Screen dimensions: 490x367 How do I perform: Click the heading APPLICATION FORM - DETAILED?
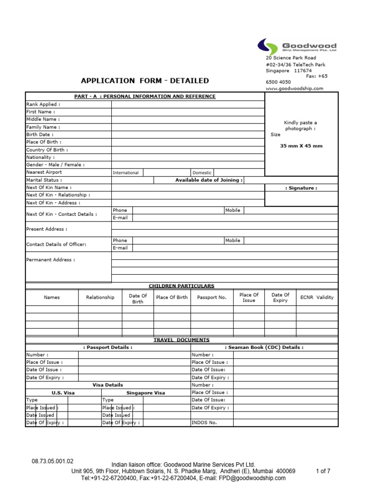click(x=145, y=81)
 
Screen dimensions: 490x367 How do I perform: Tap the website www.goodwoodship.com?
click(x=294, y=89)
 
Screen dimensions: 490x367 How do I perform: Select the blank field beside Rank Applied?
click(x=188, y=104)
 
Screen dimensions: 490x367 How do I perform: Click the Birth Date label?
click(x=39, y=134)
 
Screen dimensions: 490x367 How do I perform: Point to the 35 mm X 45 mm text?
click(x=301, y=146)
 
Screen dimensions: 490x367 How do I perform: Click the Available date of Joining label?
click(x=209, y=180)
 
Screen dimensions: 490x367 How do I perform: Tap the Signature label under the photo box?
click(x=301, y=188)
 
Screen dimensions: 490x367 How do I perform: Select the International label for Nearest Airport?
click(x=126, y=173)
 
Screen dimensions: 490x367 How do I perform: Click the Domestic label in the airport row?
click(x=202, y=173)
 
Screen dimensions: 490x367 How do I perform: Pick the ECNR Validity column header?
click(x=317, y=297)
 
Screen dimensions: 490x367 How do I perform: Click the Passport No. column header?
click(x=212, y=297)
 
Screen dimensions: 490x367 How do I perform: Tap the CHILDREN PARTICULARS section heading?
click(x=181, y=286)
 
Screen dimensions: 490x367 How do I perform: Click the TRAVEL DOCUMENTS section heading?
click(x=181, y=340)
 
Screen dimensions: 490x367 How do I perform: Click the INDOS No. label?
click(x=204, y=423)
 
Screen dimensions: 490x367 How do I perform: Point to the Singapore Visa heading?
click(x=146, y=392)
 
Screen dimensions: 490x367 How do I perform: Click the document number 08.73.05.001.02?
click(x=53, y=461)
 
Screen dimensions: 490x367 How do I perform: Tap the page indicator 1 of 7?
click(x=323, y=471)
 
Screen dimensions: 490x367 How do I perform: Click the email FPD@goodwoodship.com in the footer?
click(x=251, y=478)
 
